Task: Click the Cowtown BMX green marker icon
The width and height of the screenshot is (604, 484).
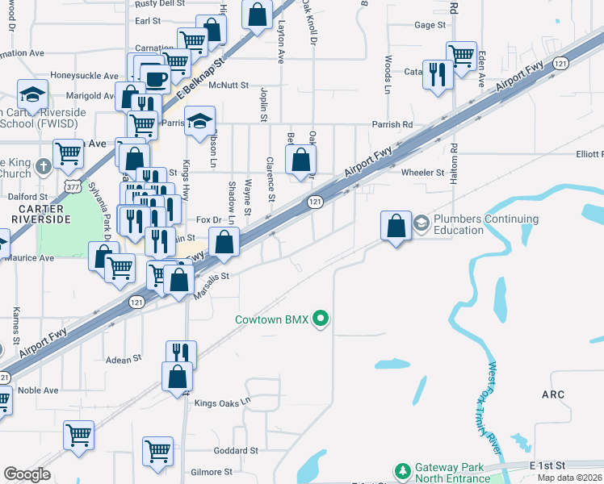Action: point(321,319)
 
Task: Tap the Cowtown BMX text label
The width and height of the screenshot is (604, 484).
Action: point(271,319)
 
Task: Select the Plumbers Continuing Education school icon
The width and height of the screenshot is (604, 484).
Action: point(421,223)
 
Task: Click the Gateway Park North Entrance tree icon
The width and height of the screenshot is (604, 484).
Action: point(402,470)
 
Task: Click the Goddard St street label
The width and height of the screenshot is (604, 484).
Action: point(236,450)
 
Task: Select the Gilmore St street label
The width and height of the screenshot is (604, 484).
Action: point(211,472)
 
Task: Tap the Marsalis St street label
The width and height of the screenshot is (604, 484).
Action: point(212,287)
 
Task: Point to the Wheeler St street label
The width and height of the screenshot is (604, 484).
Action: point(423,173)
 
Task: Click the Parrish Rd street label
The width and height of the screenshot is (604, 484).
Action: point(392,125)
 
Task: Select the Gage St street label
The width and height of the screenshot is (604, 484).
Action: point(430,25)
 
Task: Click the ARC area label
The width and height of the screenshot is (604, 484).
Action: point(553,394)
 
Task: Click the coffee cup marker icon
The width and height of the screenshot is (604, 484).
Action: point(155,77)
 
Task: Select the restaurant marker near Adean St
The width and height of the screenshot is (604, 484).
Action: point(181,353)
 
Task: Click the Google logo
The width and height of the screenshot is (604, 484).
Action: point(27,474)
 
